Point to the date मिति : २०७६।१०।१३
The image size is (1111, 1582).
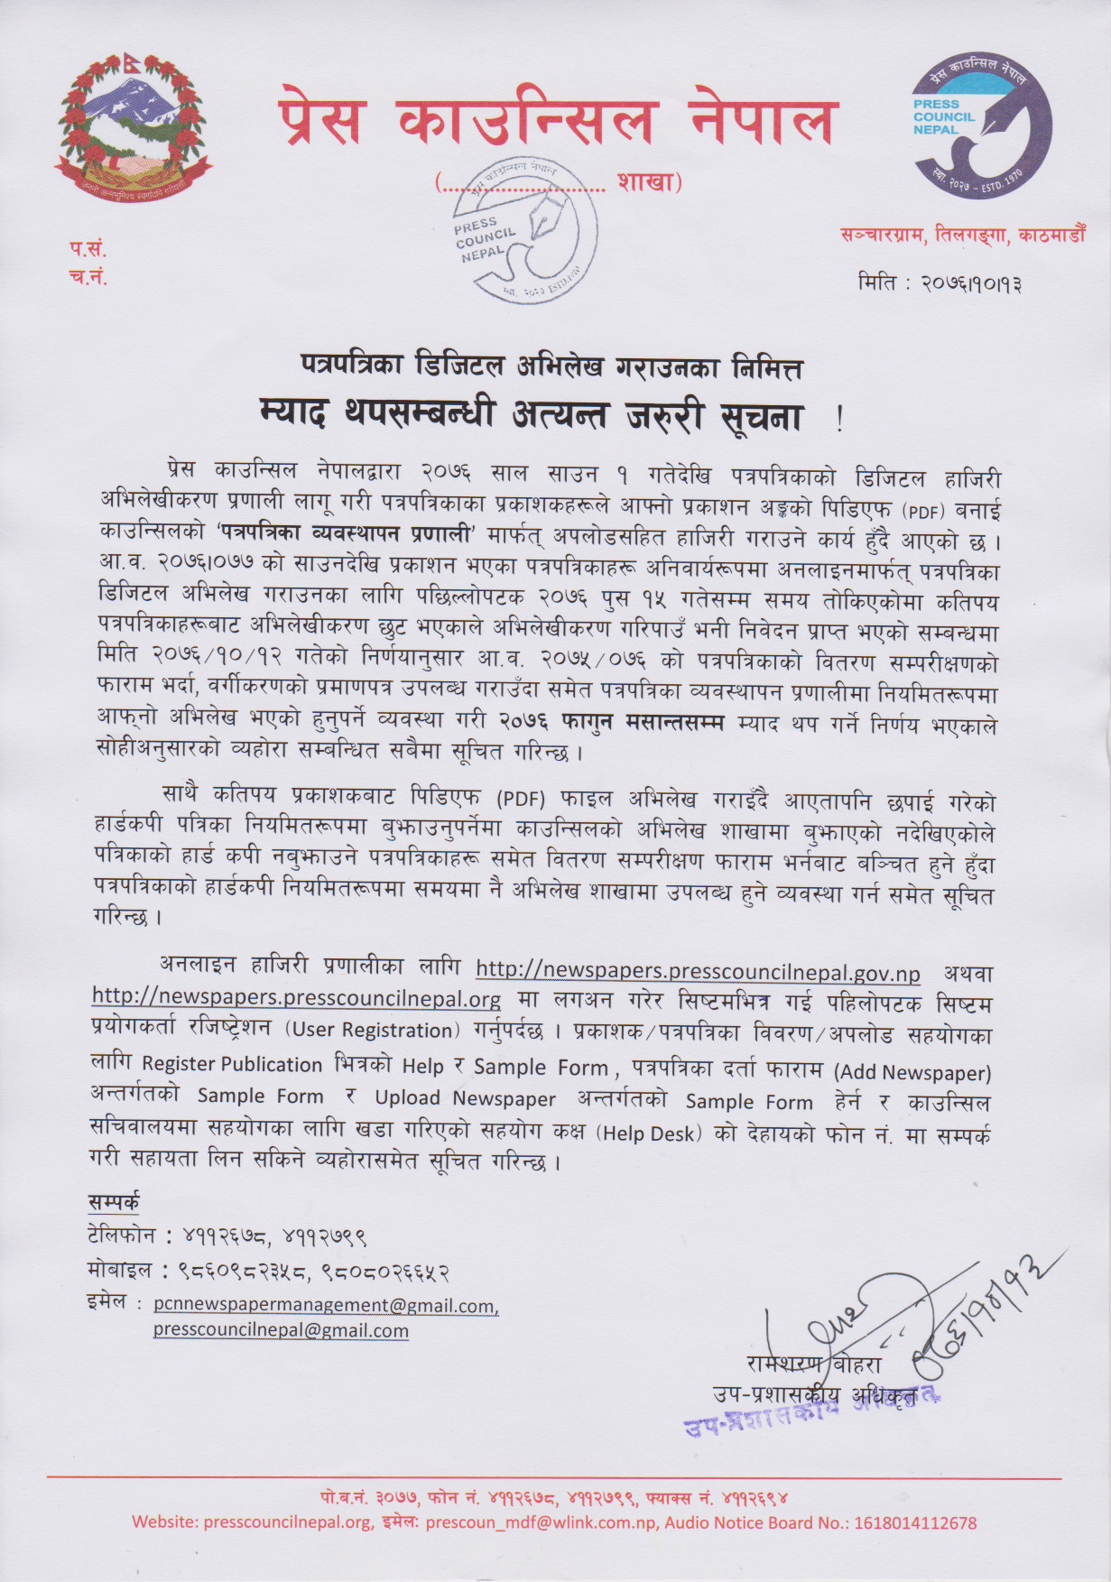(x=940, y=283)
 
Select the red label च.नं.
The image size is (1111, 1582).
(x=88, y=276)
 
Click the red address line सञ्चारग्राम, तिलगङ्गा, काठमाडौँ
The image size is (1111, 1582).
(x=962, y=236)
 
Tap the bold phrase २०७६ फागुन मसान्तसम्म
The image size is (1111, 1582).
(x=611, y=722)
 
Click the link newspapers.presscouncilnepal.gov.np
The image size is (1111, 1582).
(x=697, y=971)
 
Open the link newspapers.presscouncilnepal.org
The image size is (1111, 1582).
(x=296, y=998)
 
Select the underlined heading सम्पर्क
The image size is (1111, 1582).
(x=114, y=1202)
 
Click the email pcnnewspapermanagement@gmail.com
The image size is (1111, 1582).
(x=325, y=1305)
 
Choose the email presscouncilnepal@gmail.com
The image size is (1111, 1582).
(x=281, y=1330)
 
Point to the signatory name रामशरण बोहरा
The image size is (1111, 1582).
(x=813, y=1364)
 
